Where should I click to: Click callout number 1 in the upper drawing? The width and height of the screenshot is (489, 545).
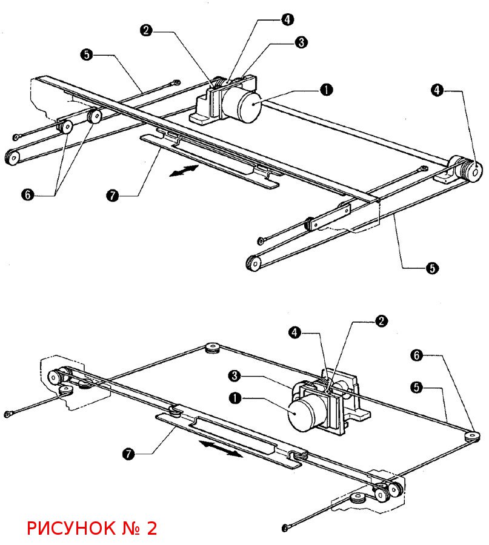click(x=326, y=90)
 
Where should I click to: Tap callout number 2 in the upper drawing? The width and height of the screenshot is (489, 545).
click(x=146, y=30)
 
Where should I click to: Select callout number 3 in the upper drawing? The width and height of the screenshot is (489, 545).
click(x=301, y=42)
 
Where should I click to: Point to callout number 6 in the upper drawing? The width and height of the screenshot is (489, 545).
click(x=28, y=194)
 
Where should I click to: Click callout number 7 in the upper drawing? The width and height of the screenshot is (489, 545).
click(x=112, y=196)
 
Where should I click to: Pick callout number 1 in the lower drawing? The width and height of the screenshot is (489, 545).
click(x=235, y=398)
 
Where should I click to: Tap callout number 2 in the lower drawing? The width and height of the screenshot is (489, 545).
click(x=381, y=321)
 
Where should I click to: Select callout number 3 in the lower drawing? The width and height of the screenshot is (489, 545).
click(x=235, y=375)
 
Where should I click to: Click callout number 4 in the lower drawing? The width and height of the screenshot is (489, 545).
click(x=294, y=332)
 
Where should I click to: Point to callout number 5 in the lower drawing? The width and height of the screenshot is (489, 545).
click(x=417, y=387)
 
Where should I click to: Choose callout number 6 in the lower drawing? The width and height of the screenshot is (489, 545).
click(x=417, y=355)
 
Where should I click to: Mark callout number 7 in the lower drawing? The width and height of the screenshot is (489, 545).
click(x=128, y=454)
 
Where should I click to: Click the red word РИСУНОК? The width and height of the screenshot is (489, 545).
click(x=72, y=528)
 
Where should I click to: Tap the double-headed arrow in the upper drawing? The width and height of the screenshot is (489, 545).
click(x=184, y=171)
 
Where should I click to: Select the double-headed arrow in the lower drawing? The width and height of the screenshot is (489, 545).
click(x=221, y=449)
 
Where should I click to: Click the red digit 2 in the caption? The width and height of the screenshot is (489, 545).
click(x=152, y=528)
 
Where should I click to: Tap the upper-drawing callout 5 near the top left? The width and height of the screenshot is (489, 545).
click(x=87, y=54)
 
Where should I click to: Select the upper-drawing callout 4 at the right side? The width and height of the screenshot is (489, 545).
click(x=437, y=90)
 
